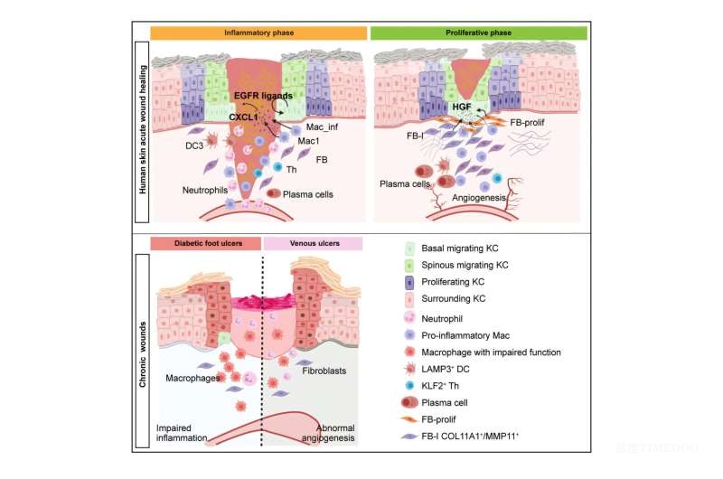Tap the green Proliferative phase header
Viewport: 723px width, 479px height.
click(480, 32)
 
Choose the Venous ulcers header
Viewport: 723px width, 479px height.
click(313, 243)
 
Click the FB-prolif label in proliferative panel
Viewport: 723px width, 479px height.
click(533, 121)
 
